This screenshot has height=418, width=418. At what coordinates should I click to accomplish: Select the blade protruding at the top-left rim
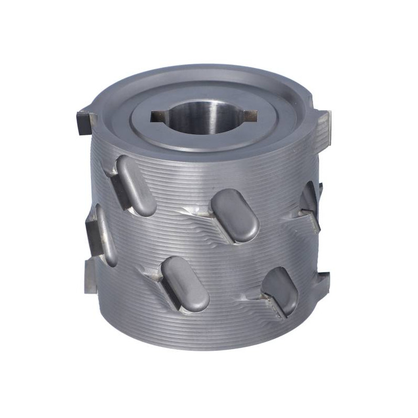[85, 121]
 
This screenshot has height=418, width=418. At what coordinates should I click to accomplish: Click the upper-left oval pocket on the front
[136, 185]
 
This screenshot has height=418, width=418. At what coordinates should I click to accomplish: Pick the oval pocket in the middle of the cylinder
[235, 215]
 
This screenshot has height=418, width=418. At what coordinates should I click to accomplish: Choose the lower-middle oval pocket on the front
[185, 285]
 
